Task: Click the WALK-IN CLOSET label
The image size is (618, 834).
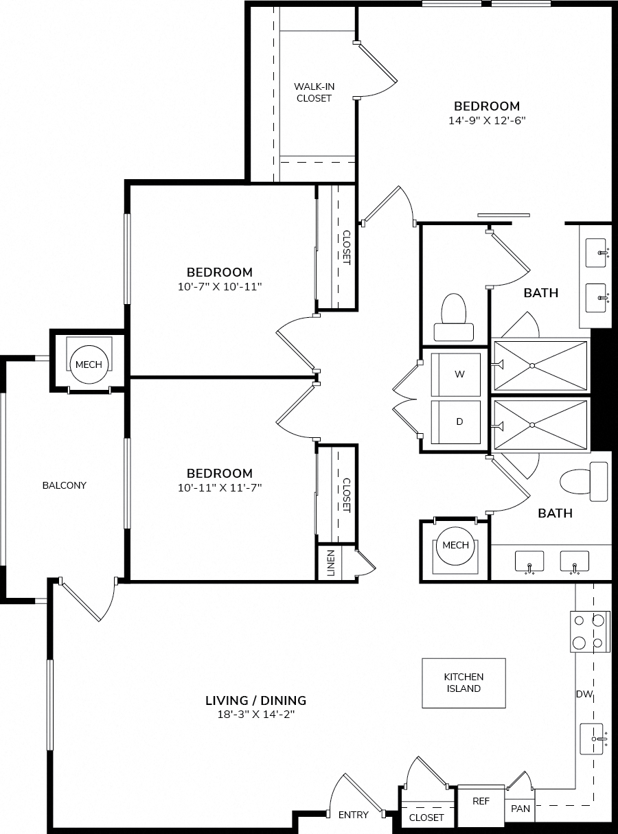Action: (314, 93)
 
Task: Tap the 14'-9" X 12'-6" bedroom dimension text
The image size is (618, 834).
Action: (487, 121)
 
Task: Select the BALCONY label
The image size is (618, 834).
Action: (65, 485)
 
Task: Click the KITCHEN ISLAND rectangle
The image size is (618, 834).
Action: (463, 683)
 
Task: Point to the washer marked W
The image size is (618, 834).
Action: (455, 375)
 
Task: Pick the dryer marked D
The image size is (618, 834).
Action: (455, 422)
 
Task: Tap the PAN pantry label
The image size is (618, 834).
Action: (520, 809)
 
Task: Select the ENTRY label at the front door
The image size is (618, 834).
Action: (353, 815)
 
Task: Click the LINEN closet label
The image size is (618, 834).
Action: (330, 564)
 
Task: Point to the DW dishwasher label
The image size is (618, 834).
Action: (584, 694)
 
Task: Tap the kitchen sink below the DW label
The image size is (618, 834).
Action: (593, 739)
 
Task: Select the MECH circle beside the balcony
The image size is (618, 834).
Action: (89, 364)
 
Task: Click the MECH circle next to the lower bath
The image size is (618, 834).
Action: (455, 545)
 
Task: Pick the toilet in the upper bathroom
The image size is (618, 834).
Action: (454, 317)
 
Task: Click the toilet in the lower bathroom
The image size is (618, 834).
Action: (584, 482)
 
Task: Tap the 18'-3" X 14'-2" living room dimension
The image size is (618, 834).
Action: (255, 715)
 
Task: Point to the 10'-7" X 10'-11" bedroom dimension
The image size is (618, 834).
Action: (220, 287)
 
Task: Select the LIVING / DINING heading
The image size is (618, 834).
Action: (255, 701)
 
